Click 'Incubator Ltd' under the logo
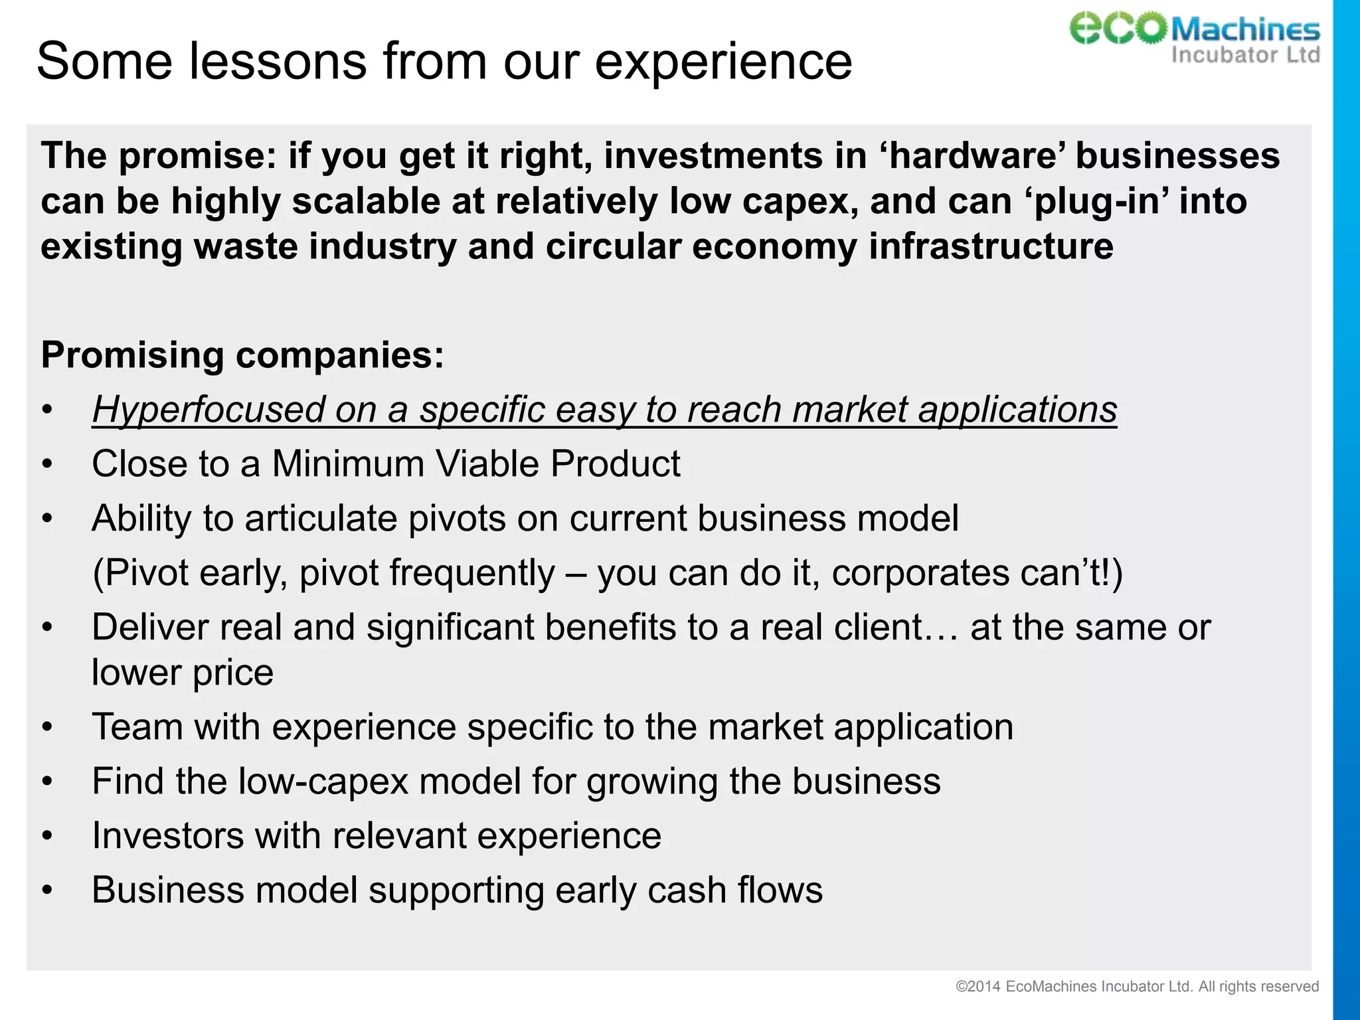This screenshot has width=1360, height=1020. [x=1245, y=54]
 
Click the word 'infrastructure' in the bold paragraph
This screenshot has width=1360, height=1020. [x=990, y=246]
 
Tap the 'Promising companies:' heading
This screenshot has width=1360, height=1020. [x=242, y=355]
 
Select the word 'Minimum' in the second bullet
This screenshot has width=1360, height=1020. [x=348, y=464]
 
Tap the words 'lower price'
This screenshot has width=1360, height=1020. [x=182, y=672]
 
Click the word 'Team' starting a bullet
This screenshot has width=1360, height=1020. [x=137, y=726]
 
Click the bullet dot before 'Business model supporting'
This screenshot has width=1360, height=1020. [x=46, y=891]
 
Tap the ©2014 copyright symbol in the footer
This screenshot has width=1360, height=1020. [x=961, y=987]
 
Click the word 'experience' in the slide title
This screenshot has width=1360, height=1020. [x=722, y=61]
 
